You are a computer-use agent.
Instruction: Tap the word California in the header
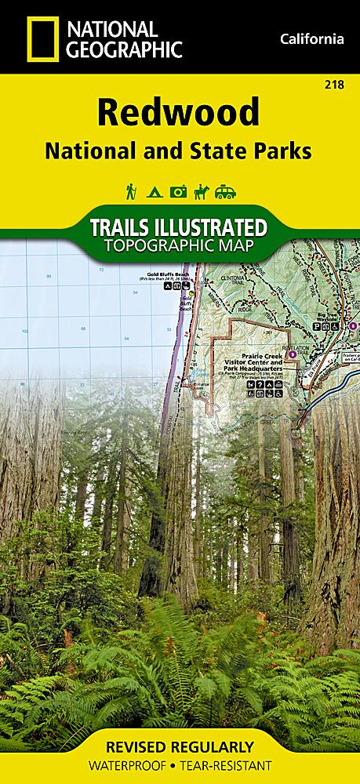311,39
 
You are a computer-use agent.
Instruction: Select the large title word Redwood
179,113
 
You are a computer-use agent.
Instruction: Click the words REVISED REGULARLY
180,746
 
